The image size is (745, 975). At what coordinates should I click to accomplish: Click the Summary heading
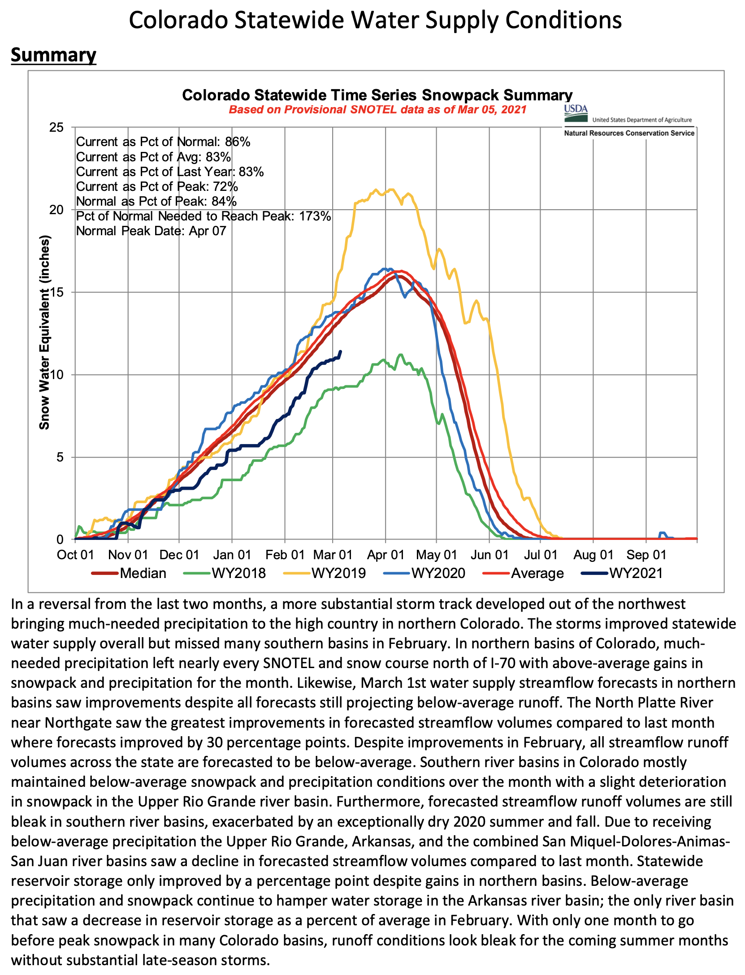53,55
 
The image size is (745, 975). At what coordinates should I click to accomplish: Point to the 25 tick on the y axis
56,128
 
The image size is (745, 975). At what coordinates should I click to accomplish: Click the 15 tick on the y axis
56,292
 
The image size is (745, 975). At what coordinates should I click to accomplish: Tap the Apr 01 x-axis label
385,555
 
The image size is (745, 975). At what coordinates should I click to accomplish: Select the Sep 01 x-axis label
646,555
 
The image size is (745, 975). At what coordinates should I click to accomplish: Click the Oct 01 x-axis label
75,555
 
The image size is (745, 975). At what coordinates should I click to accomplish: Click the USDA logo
576,113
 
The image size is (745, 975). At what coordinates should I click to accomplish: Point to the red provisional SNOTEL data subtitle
377,110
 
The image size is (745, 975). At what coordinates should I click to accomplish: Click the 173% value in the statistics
315,216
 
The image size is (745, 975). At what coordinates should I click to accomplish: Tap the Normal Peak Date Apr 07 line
151,231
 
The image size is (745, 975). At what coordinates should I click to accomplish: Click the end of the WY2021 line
341,351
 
